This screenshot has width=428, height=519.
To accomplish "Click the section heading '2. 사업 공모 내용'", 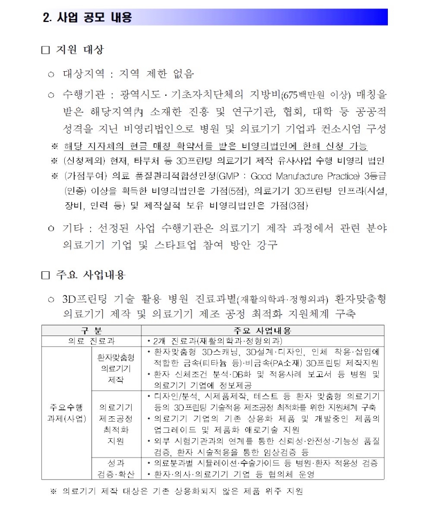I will (x=87, y=17).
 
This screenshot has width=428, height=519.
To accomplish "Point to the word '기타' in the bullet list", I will (x=72, y=228).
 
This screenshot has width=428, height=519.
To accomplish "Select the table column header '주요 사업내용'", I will (x=262, y=331).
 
